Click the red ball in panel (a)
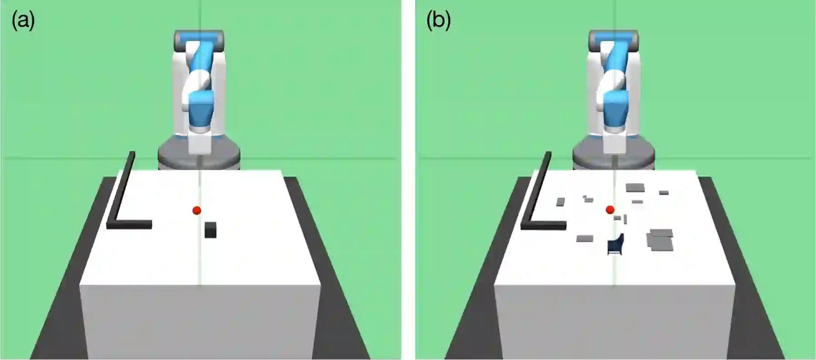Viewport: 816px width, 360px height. [x=197, y=210]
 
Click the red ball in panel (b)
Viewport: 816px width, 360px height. [x=610, y=209]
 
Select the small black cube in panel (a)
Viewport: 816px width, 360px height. [x=210, y=230]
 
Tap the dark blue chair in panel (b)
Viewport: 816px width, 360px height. [x=615, y=245]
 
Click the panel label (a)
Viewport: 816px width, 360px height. [x=23, y=20]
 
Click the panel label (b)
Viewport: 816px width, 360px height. [x=438, y=20]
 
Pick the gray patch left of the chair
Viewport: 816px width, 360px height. [x=585, y=238]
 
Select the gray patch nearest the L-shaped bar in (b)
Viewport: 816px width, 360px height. [x=561, y=202]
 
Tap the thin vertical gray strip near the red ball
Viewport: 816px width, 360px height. [x=625, y=219]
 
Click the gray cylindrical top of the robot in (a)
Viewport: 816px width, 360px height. [x=199, y=37]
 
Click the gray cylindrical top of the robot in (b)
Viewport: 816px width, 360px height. [x=613, y=37]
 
